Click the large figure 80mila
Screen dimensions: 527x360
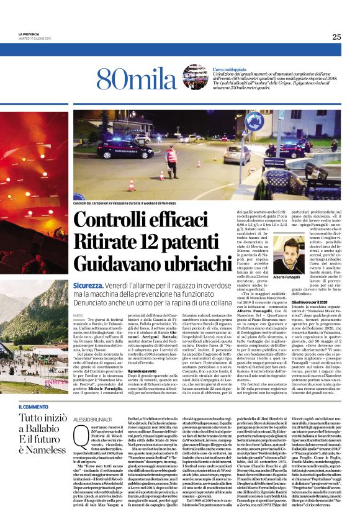[128, 79]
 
